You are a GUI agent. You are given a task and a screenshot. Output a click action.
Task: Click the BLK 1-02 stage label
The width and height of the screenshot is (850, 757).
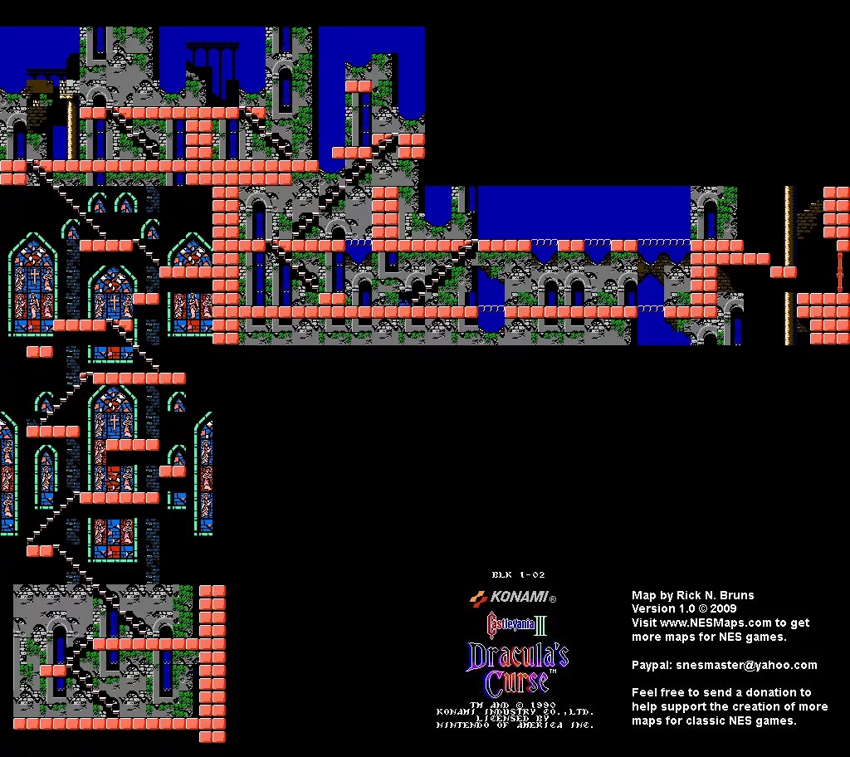click(x=518, y=574)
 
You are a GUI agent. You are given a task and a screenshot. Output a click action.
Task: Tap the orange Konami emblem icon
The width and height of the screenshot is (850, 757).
click(x=478, y=597)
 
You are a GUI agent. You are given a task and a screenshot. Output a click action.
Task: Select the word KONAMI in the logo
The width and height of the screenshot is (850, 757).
click(x=519, y=597)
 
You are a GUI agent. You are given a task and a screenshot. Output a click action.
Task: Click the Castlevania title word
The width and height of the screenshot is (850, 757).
click(x=508, y=623)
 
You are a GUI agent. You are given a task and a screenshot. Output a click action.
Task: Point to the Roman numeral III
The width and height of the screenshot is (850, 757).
click(x=541, y=623)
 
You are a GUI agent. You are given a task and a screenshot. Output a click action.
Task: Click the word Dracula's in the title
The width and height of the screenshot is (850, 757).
click(x=518, y=656)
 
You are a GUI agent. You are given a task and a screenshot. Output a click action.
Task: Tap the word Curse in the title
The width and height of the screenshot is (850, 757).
click(x=516, y=682)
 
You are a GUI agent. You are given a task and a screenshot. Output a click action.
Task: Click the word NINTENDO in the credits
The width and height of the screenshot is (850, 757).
click(x=473, y=725)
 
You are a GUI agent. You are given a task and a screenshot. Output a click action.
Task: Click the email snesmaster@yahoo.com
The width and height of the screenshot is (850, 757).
click(x=746, y=665)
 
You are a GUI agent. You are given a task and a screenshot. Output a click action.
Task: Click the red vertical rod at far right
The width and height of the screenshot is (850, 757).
click(x=840, y=271)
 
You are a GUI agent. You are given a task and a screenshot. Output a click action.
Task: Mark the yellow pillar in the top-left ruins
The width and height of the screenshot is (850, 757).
click(x=72, y=129)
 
